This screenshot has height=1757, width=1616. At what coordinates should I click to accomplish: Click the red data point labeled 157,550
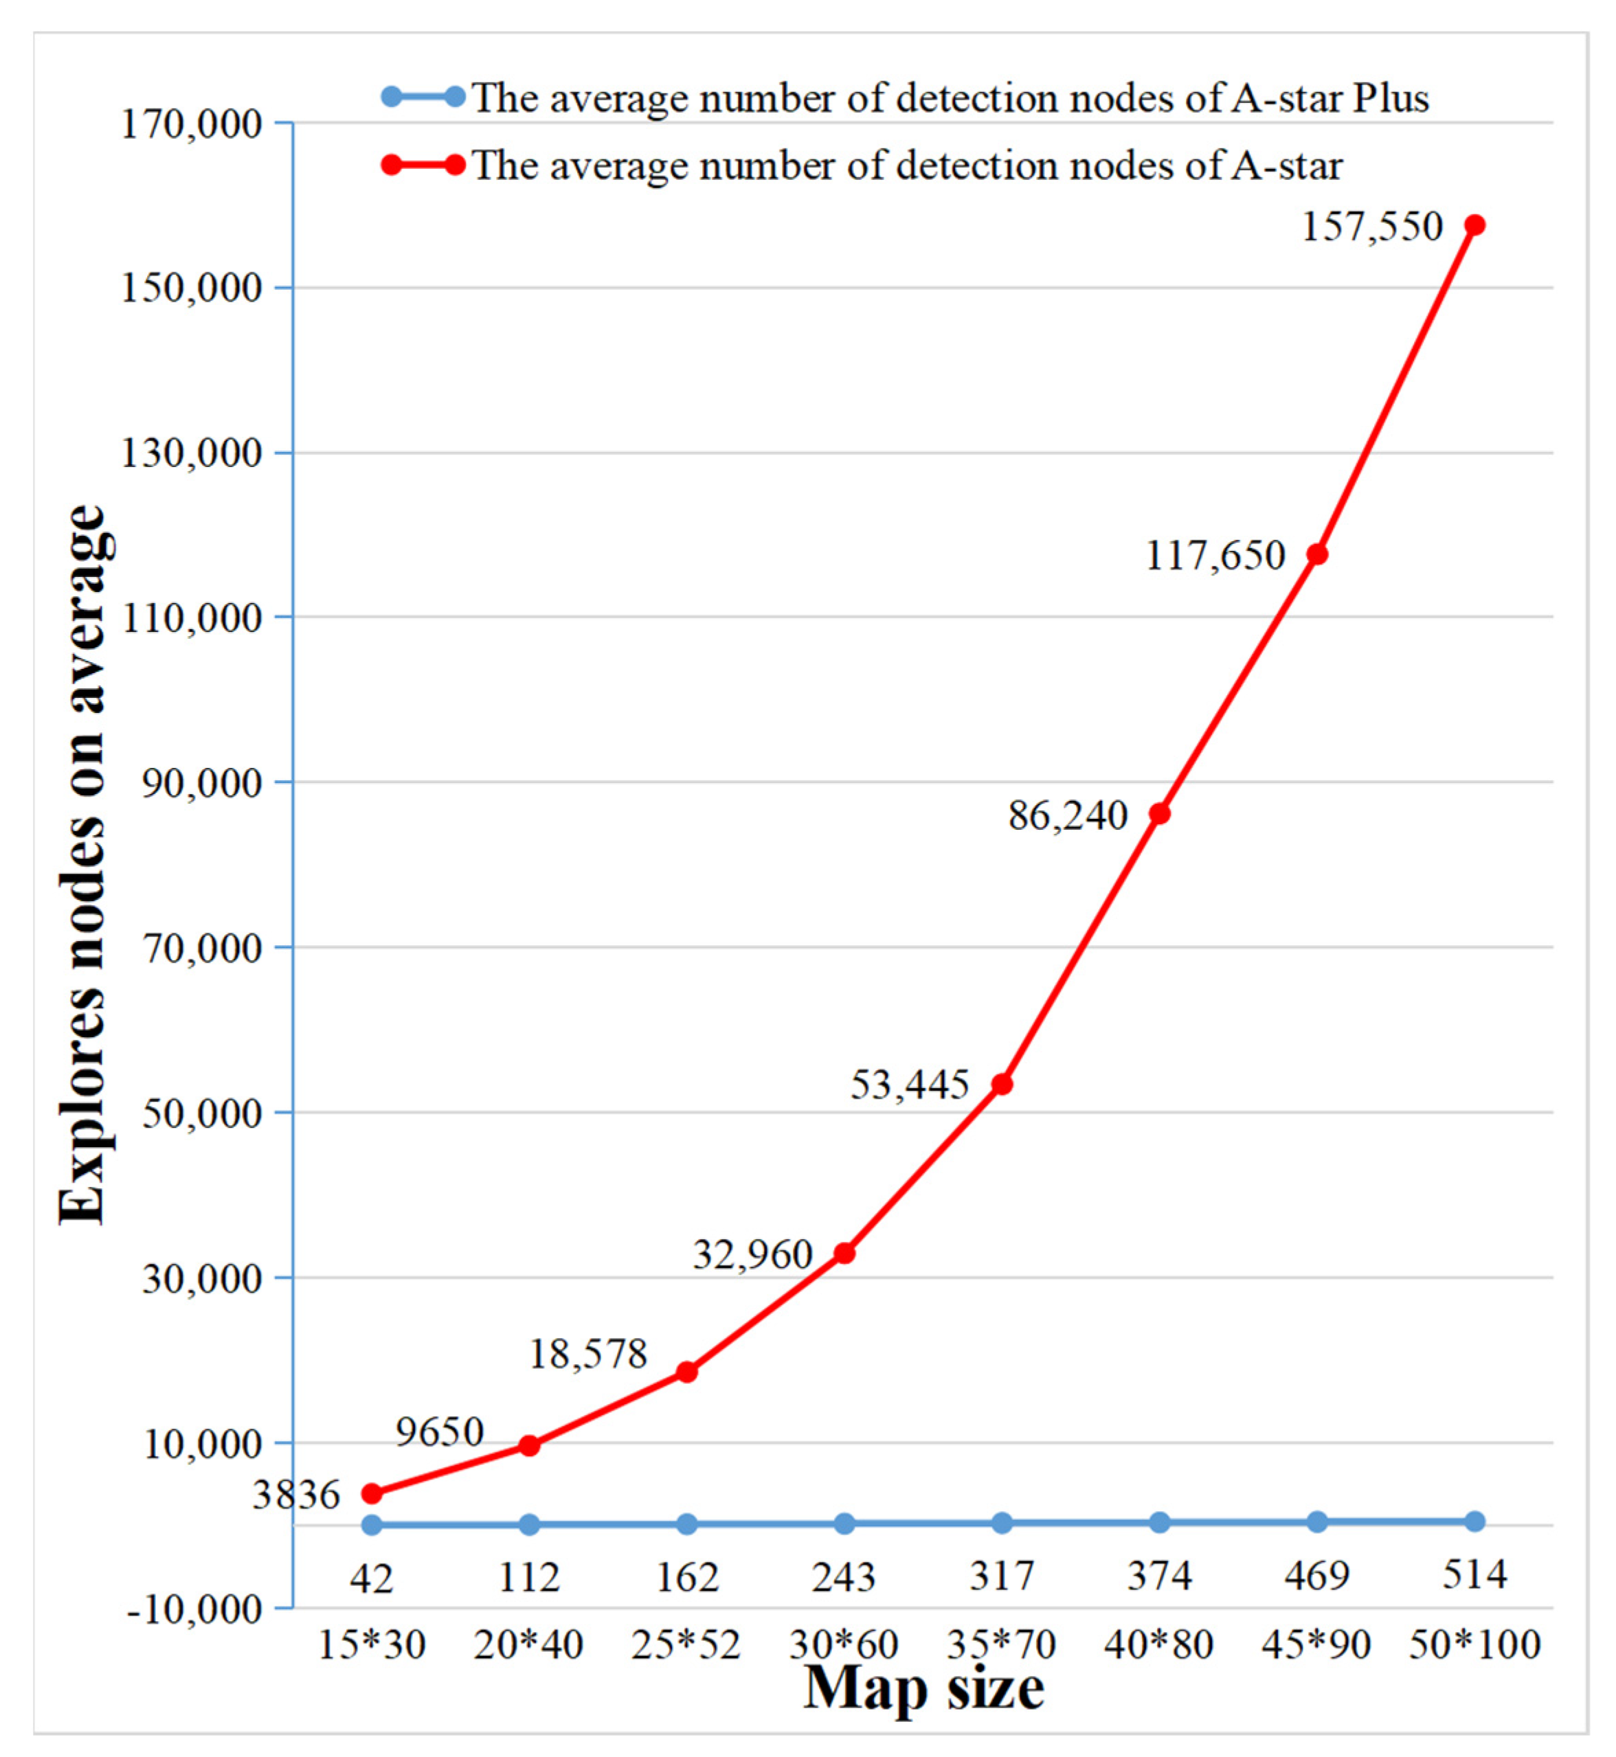click(1474, 225)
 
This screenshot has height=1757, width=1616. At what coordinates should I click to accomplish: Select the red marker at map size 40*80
click(1160, 814)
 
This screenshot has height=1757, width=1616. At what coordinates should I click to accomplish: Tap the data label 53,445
click(910, 1085)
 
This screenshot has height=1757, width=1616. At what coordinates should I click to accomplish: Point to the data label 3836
click(295, 1495)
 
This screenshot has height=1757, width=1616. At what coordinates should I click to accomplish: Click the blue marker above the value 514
click(1474, 1521)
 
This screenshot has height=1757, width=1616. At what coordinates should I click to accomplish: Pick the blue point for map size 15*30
click(372, 1524)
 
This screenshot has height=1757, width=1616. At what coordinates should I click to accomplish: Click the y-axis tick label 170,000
click(190, 124)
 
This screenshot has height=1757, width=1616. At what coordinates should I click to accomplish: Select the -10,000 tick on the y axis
click(194, 1609)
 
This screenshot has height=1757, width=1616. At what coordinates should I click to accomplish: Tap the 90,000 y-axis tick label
click(201, 783)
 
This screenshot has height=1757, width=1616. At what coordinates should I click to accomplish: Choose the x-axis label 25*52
click(686, 1645)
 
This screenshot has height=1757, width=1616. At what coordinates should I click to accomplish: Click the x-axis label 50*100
click(1474, 1644)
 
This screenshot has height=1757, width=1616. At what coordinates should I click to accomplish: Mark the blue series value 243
click(844, 1577)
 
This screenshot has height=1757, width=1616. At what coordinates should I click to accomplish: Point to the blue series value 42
click(372, 1578)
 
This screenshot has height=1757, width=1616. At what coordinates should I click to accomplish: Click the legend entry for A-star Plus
click(950, 98)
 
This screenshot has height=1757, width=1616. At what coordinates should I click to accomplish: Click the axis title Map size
click(923, 1688)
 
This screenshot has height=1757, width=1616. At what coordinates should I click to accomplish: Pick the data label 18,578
click(587, 1354)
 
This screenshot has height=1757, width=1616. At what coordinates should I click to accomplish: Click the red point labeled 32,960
click(844, 1254)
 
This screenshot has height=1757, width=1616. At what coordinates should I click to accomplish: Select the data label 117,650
click(1215, 556)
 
